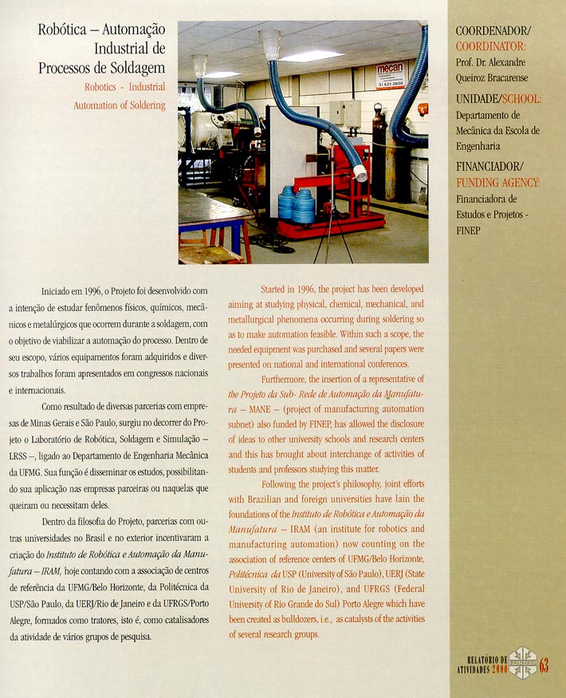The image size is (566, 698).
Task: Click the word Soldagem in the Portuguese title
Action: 136,66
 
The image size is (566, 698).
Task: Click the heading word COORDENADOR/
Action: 492,31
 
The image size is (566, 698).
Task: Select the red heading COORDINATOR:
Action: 490,46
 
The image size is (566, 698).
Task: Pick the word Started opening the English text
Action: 277,288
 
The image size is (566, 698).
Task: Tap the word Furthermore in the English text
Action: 286,378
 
